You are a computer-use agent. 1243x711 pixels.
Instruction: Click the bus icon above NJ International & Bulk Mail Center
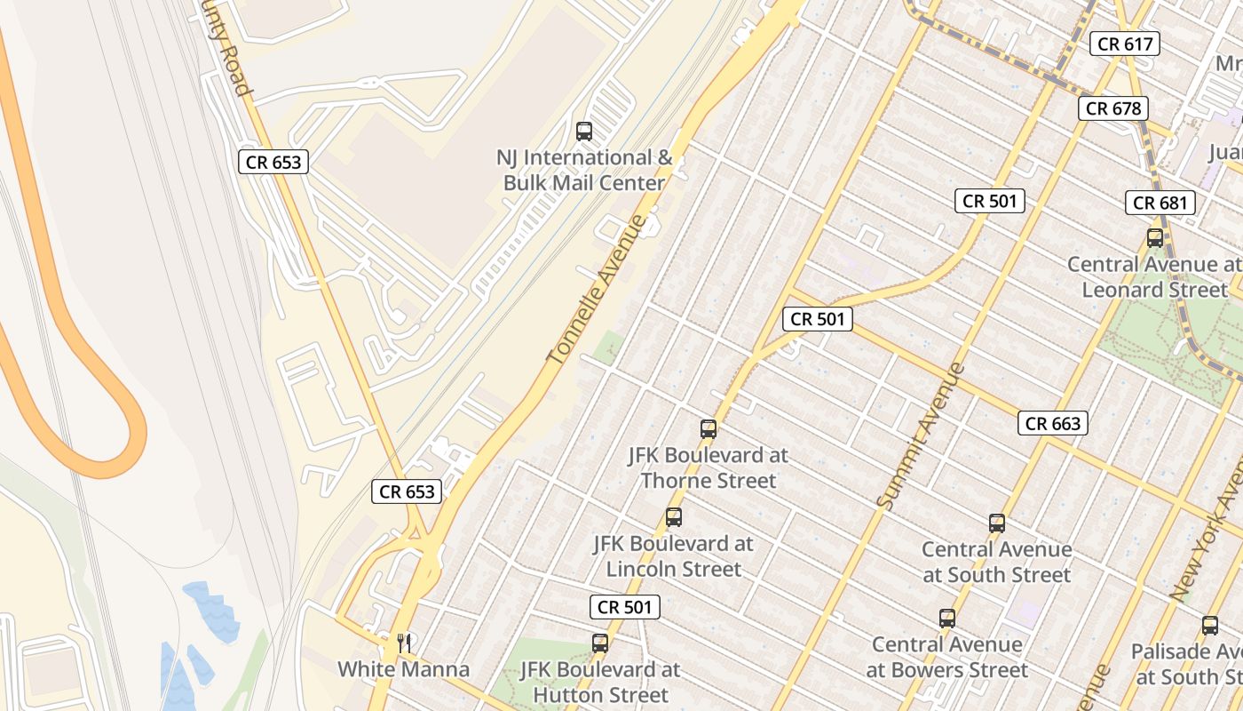pyautogui.click(x=584, y=132)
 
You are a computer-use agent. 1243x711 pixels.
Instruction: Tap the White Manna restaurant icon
pyautogui.click(x=404, y=642)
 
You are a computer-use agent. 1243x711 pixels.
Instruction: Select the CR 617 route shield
pyautogui.click(x=1125, y=43)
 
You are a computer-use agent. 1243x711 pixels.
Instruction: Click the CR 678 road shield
pyautogui.click(x=1114, y=108)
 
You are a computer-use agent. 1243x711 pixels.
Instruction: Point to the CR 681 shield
pyautogui.click(x=1160, y=203)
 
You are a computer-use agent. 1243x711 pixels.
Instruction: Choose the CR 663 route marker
pyautogui.click(x=1053, y=423)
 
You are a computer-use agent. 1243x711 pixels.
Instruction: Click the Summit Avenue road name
pyautogui.click(x=920, y=435)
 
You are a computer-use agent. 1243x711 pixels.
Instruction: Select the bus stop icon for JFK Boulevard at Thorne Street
pyautogui.click(x=709, y=429)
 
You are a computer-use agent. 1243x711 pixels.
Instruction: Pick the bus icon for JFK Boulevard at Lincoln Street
pyautogui.click(x=674, y=517)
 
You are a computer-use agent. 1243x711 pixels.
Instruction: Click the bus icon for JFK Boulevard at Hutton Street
pyautogui.click(x=600, y=643)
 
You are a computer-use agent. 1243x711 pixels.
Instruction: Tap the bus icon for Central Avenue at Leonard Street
pyautogui.click(x=1155, y=238)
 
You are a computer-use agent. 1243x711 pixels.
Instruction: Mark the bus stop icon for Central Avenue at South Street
pyautogui.click(x=997, y=523)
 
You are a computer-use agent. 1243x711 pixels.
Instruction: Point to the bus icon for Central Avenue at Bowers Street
pyautogui.click(x=947, y=619)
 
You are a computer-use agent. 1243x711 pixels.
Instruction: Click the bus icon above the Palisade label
pyautogui.click(x=1210, y=626)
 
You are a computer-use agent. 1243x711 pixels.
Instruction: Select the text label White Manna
pyautogui.click(x=403, y=668)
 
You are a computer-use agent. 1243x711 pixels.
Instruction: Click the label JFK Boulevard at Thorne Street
pyautogui.click(x=709, y=467)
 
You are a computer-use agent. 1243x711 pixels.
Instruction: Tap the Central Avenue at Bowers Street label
pyautogui.click(x=947, y=657)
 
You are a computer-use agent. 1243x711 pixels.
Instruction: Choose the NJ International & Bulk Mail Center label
pyautogui.click(x=584, y=170)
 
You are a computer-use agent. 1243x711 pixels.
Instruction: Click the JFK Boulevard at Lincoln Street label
pyautogui.click(x=673, y=555)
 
